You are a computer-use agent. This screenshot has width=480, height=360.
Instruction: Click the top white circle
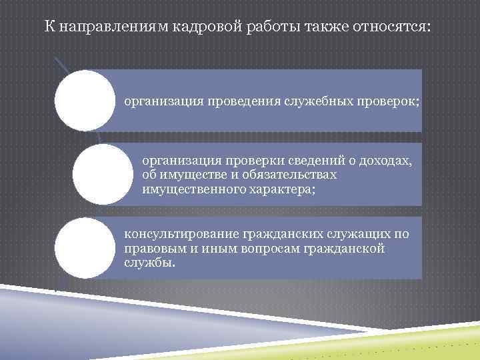click(85, 101)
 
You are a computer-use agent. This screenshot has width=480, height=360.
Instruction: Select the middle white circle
click(101, 175)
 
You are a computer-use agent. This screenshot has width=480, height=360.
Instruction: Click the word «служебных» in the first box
click(316, 102)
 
